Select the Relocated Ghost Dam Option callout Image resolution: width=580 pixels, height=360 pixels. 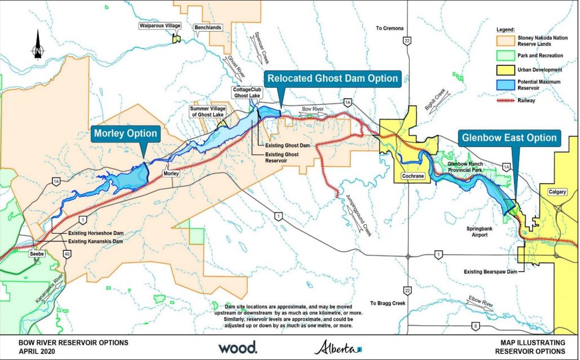tap(333, 78)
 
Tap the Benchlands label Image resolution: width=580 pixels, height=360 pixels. tap(207, 27)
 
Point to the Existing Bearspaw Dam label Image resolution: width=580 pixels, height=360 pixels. tap(490, 272)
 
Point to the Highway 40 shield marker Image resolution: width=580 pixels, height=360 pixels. tap(68, 255)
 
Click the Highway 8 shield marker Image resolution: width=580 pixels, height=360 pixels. tap(476, 326)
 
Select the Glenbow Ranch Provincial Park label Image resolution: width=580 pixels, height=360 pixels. tap(468, 167)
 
